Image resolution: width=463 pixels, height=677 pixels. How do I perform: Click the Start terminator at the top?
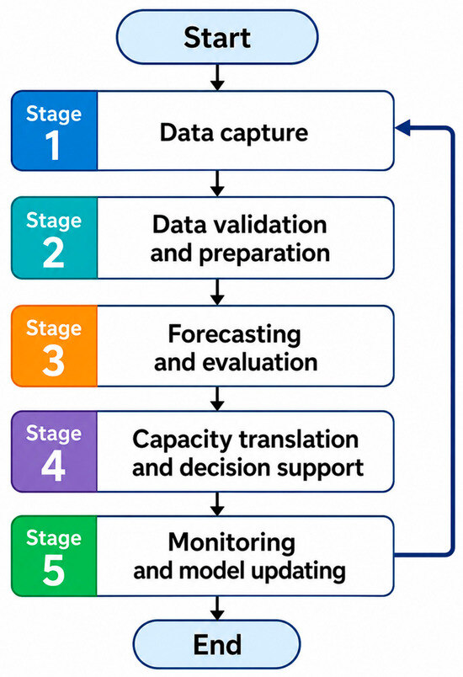[217, 37]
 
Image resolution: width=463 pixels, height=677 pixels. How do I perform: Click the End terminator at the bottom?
[216, 645]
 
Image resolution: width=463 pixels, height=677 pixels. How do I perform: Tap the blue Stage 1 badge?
[55, 131]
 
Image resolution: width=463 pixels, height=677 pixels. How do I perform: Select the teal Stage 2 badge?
[55, 238]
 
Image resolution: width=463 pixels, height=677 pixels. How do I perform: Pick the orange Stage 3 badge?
[55, 346]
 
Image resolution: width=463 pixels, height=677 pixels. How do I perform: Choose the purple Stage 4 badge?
[55, 451]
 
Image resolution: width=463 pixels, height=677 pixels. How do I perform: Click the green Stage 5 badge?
[55, 556]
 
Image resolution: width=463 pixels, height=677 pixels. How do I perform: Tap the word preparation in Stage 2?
[264, 254]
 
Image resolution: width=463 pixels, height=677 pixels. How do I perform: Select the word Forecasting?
[234, 335]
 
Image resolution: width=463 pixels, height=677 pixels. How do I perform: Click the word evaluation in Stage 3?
[260, 362]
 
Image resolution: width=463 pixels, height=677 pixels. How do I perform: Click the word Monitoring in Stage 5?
[231, 543]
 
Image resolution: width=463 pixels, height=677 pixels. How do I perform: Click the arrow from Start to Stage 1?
[217, 77]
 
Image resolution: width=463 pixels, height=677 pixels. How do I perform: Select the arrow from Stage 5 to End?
[217, 608]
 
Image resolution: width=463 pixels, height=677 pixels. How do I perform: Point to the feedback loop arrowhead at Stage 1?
[402, 128]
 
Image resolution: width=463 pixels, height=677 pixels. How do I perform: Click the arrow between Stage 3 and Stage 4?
[217, 398]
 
